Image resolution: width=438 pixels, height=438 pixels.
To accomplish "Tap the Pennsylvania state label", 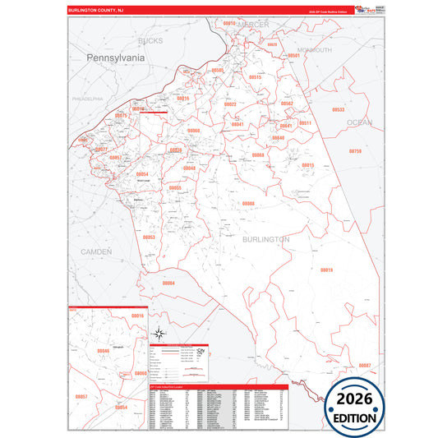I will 115,58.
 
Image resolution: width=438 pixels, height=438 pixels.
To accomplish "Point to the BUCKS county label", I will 150,40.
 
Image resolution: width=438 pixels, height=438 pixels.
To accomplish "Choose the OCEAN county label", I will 359,122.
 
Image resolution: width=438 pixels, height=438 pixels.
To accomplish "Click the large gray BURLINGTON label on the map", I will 265,239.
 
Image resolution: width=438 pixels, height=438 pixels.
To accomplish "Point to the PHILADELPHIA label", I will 87,98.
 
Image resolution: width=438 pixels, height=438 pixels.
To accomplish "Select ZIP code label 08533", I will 338,109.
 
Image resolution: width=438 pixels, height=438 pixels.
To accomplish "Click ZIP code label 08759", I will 354,152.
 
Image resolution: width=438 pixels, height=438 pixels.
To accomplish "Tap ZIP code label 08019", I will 326,270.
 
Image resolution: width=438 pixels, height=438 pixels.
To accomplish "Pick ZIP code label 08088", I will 247,203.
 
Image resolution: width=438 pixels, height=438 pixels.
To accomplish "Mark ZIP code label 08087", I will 364,365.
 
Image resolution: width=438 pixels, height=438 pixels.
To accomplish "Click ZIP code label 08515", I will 255,77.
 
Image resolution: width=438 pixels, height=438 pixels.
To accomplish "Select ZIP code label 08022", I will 230,104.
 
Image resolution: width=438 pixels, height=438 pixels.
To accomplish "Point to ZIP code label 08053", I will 149,237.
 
